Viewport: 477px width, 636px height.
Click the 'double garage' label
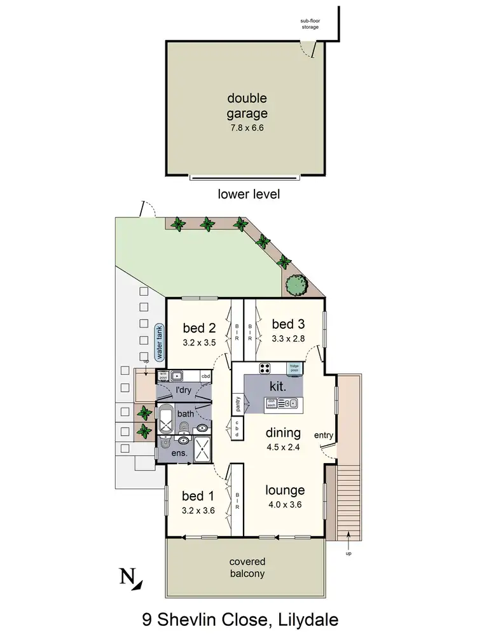pos(247,106)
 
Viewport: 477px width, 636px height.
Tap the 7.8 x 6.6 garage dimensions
pos(247,128)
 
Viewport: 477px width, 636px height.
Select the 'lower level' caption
pos(248,194)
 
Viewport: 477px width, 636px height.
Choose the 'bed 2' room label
pos(199,328)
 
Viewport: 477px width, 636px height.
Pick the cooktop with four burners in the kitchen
pos(265,368)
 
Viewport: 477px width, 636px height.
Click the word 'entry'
pos(324,435)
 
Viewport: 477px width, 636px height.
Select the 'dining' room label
pos(283,433)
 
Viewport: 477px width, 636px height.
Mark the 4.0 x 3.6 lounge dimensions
pos(285,505)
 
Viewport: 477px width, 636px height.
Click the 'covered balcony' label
pos(247,567)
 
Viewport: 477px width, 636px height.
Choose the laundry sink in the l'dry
pos(178,377)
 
